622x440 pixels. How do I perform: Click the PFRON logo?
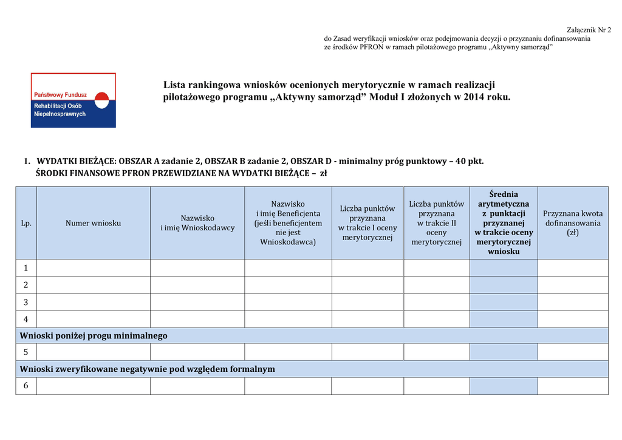pyautogui.click(x=73, y=100)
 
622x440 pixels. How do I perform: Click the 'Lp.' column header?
pyautogui.click(x=26, y=223)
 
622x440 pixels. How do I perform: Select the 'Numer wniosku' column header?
pyautogui.click(x=94, y=223)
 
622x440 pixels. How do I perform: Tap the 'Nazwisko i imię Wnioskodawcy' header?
pyautogui.click(x=197, y=223)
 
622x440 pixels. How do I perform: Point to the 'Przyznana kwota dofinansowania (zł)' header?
pyautogui.click(x=573, y=223)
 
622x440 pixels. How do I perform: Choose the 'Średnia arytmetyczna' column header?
pyautogui.click(x=504, y=223)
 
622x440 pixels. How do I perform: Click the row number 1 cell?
pyautogui.click(x=26, y=268)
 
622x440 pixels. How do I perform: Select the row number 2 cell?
pyautogui.click(x=26, y=285)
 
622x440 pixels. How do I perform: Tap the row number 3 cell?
pyautogui.click(x=26, y=302)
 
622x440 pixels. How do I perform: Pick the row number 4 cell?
pyautogui.click(x=26, y=319)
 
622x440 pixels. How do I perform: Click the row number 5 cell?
pyautogui.click(x=26, y=352)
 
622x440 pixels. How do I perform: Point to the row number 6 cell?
pyautogui.click(x=26, y=386)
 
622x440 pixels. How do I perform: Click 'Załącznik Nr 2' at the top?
pyautogui.click(x=589, y=30)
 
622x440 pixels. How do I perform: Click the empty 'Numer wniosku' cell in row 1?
pyautogui.click(x=94, y=268)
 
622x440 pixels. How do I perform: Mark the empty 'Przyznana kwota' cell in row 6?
pyautogui.click(x=573, y=386)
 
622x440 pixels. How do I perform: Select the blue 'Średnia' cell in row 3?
pyautogui.click(x=504, y=302)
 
